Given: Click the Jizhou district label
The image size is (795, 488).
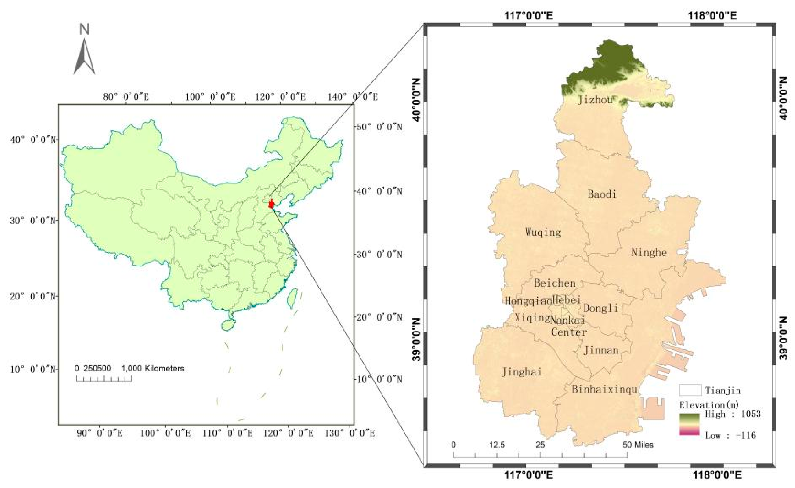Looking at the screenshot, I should [595, 100].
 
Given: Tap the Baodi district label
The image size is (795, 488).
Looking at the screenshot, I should [602, 194].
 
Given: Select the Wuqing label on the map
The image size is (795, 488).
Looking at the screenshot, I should [543, 232].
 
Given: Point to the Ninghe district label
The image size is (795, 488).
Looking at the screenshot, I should [649, 253].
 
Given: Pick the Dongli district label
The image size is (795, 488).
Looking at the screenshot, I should [600, 308].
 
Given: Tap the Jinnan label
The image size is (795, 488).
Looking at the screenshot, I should [601, 351].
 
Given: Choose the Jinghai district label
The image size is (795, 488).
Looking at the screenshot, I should [522, 372].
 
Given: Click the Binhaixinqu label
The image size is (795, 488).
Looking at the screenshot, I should [604, 390].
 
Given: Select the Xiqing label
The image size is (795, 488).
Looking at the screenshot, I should [531, 318].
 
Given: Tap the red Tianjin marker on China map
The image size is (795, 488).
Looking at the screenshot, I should [271, 204].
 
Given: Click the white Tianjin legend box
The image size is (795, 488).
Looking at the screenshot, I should [690, 390].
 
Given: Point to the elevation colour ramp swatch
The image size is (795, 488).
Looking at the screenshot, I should [689, 424].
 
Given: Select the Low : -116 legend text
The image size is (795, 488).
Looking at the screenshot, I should [731, 435].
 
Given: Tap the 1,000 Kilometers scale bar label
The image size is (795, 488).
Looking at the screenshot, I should [153, 369].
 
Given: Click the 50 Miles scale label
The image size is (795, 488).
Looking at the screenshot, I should [638, 445].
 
